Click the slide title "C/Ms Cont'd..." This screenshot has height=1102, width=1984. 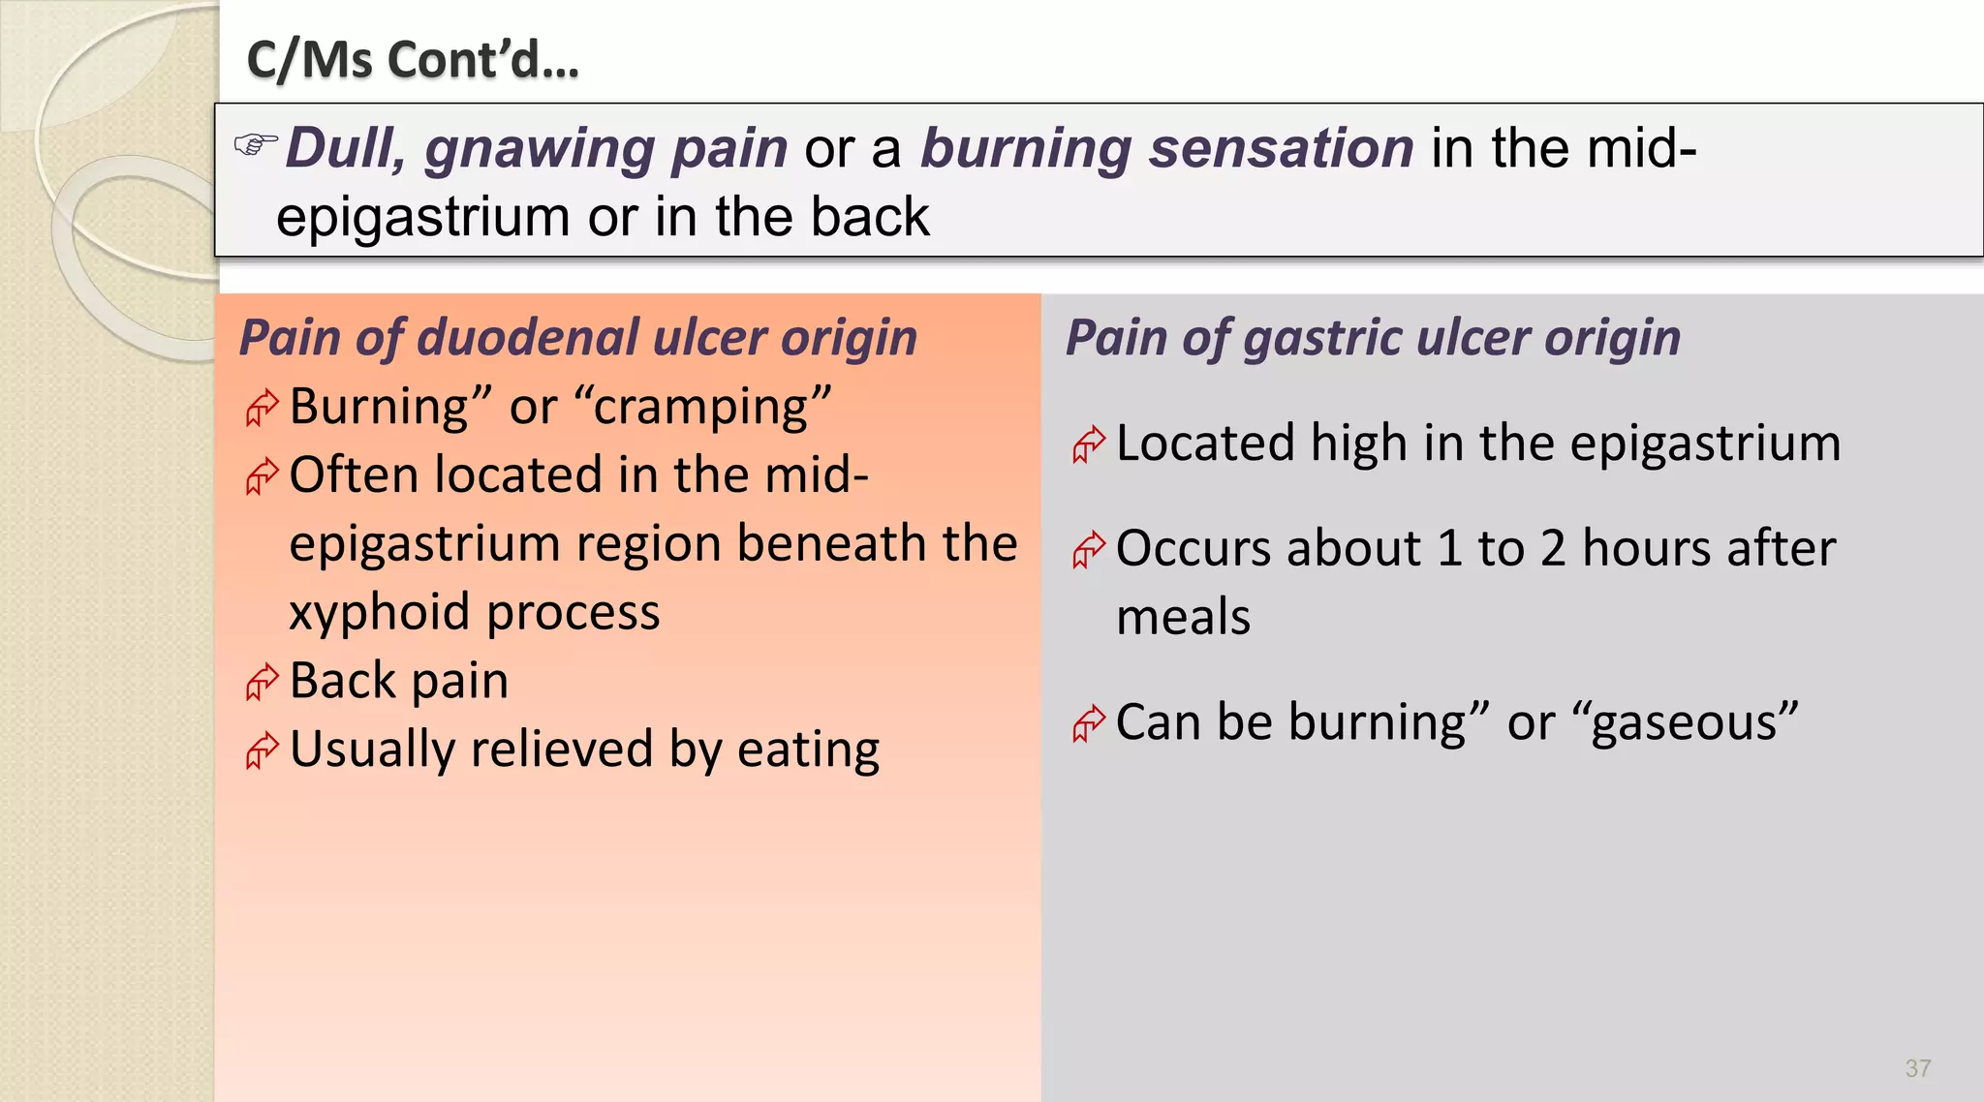coord(413,60)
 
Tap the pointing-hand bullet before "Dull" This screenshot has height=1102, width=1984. coord(256,145)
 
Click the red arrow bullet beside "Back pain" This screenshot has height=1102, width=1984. coord(262,683)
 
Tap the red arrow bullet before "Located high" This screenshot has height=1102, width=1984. coord(1088,445)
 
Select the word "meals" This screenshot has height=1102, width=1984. coord(1183,618)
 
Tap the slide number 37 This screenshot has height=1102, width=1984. coord(1917,1068)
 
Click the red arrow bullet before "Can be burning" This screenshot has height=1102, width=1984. coord(1088,723)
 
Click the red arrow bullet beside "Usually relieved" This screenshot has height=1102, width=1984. coord(262,751)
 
